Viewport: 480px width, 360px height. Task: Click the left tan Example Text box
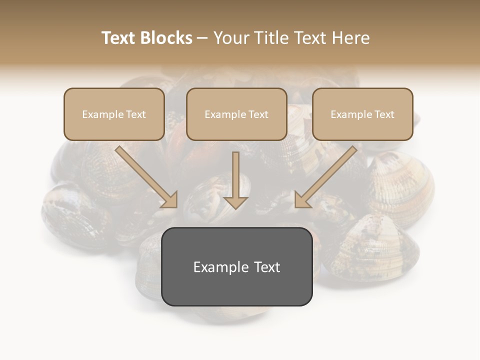[114, 114]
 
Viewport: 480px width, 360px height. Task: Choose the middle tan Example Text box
[236, 114]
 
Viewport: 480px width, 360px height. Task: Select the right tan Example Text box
[362, 114]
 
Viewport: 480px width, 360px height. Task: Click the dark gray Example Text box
[236, 266]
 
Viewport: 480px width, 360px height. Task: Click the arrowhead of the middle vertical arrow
[235, 202]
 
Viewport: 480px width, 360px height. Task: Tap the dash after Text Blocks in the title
[202, 38]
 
